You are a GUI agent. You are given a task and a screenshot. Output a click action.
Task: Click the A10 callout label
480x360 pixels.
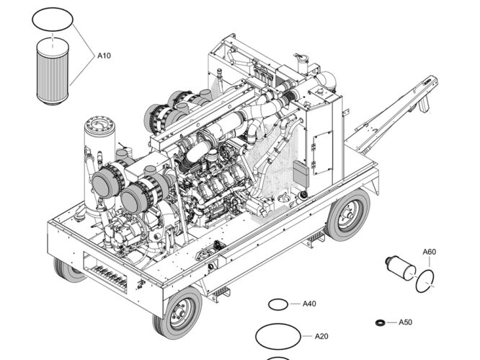click(105, 56)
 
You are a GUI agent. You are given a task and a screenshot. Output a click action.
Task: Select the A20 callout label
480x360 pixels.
click(321, 336)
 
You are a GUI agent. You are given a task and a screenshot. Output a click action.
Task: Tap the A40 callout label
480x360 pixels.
click(308, 304)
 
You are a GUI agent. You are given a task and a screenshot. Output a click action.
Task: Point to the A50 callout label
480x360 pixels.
click(405, 322)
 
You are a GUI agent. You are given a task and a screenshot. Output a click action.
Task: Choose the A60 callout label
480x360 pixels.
click(429, 252)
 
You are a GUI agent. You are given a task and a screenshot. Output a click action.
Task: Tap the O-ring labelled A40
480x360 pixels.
click(278, 304)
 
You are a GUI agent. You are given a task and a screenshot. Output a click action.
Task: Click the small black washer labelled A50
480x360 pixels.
click(379, 322)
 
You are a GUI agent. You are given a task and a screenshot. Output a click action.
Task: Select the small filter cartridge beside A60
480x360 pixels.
click(401, 266)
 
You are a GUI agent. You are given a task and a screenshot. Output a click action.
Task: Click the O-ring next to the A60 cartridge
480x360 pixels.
click(426, 281)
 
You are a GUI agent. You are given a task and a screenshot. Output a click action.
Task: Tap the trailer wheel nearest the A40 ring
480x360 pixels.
click(178, 312)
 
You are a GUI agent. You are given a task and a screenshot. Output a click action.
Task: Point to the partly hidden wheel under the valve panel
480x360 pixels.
click(69, 269)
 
